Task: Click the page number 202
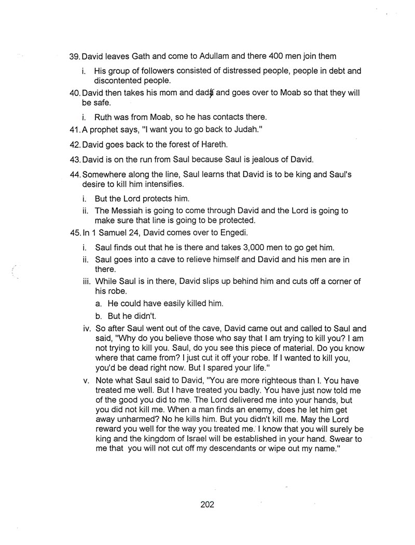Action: [207, 504]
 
